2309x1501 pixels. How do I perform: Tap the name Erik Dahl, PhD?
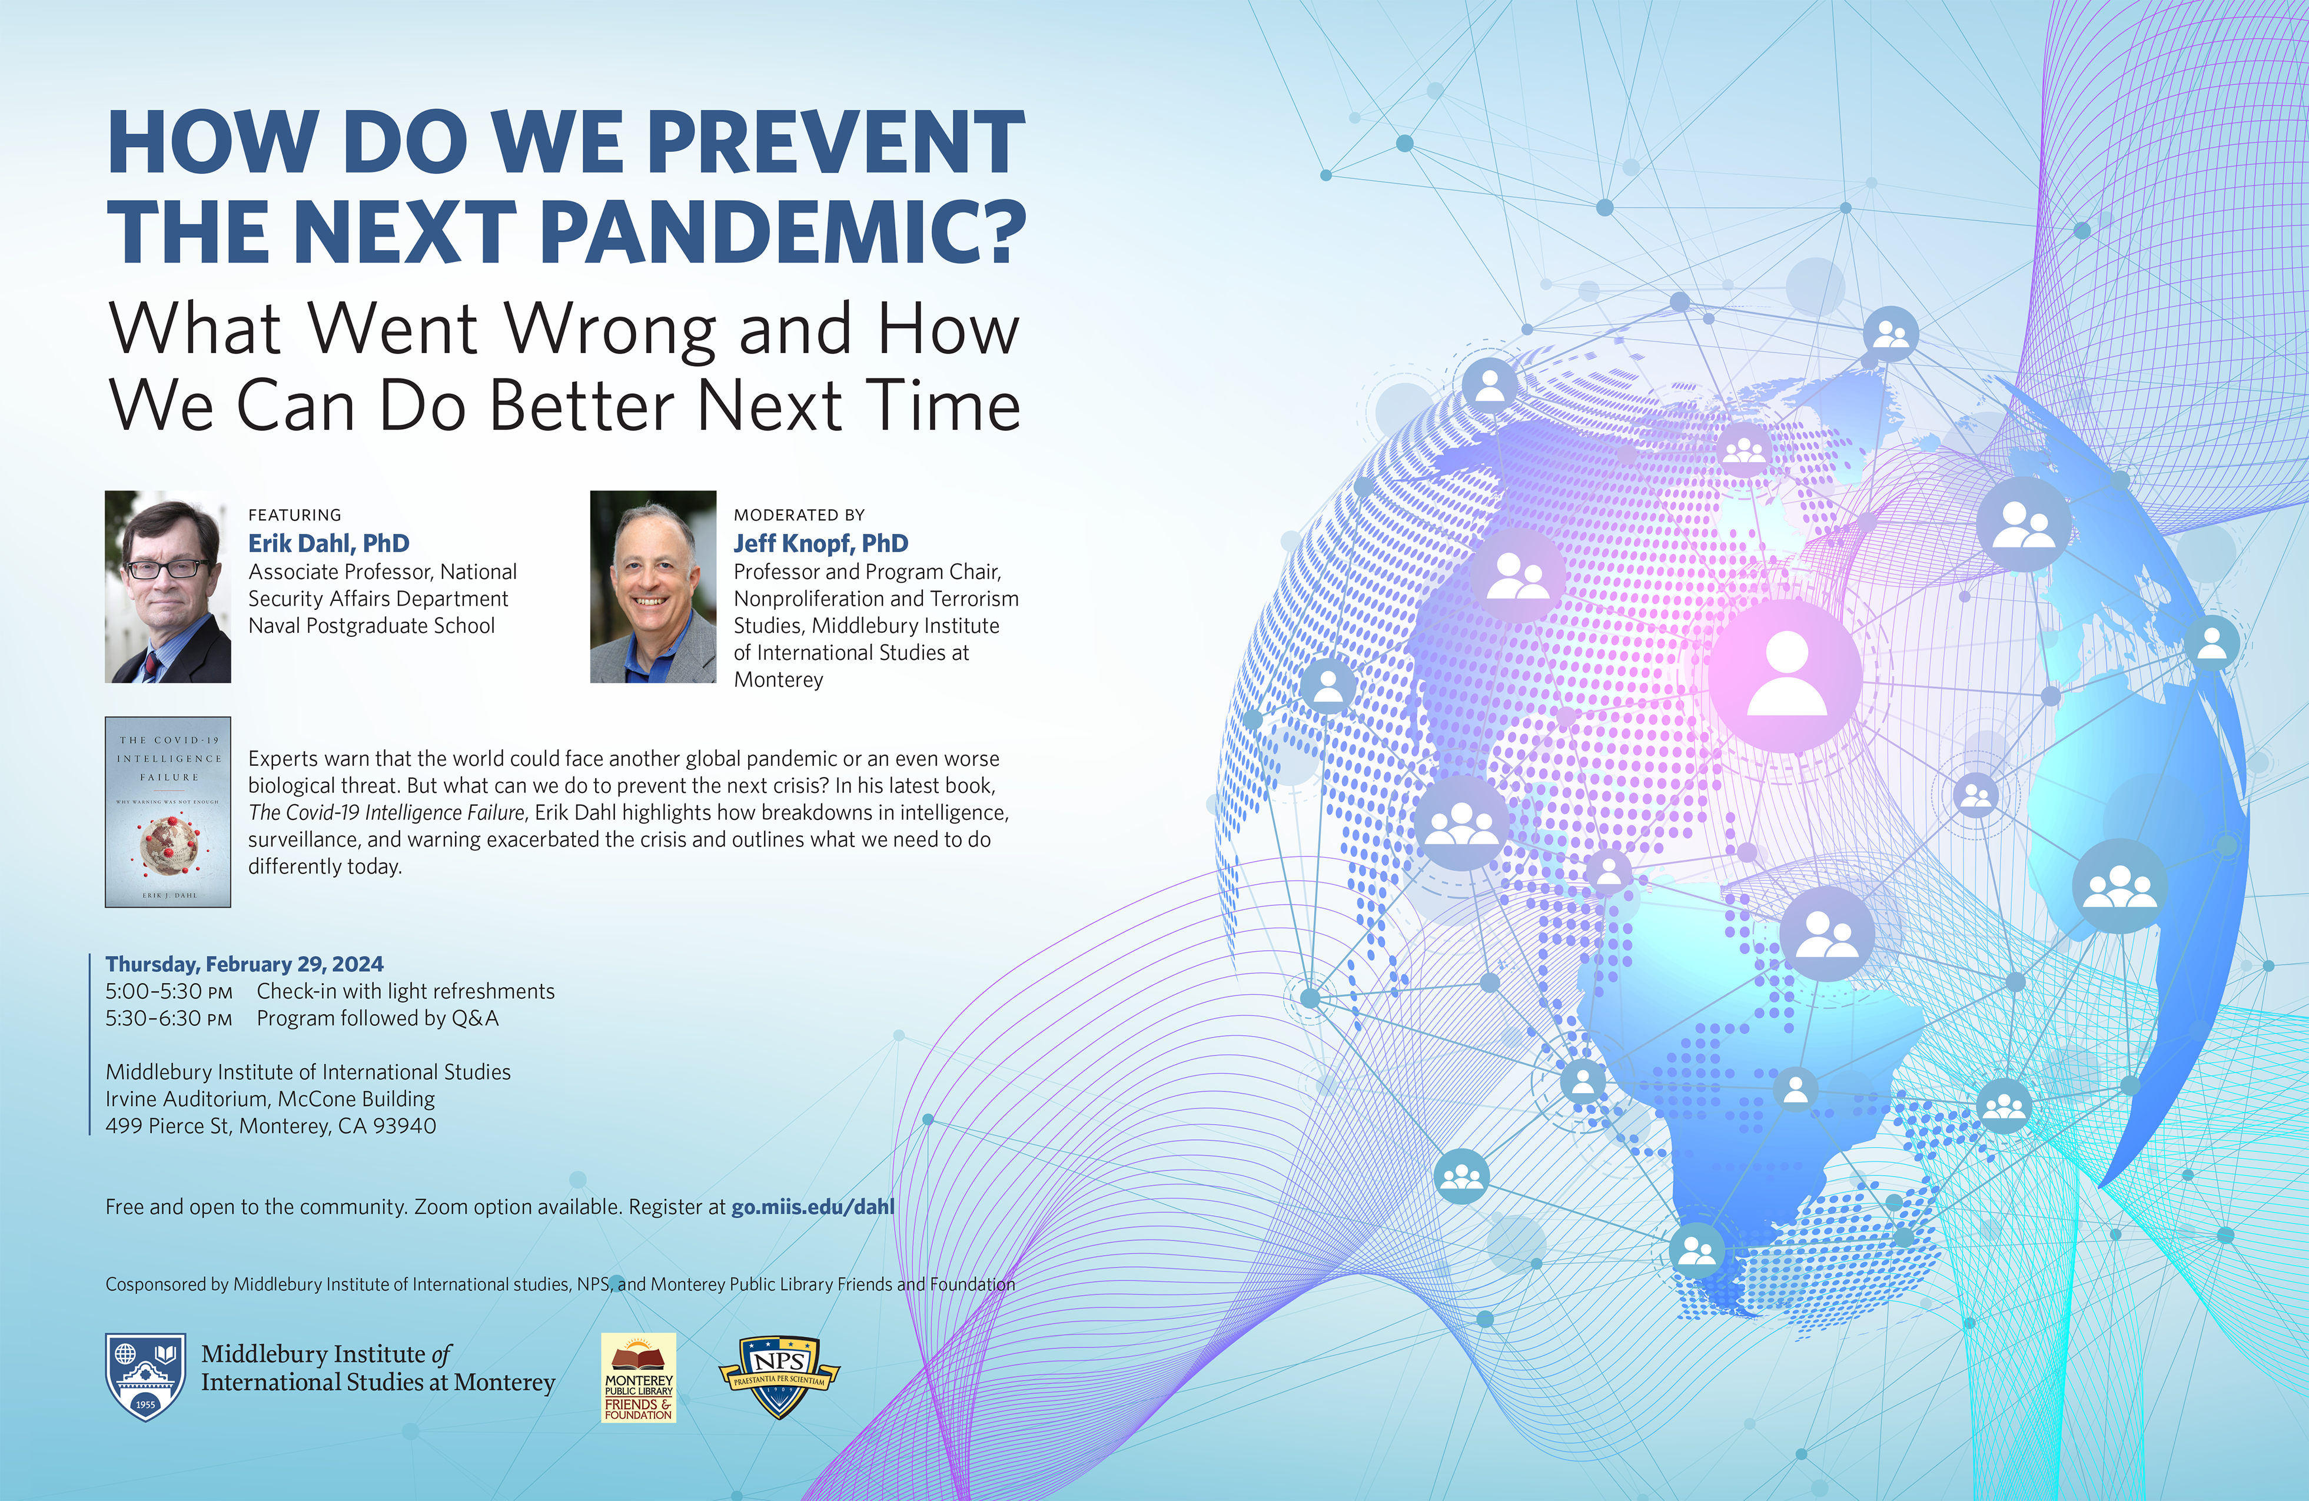pyautogui.click(x=329, y=543)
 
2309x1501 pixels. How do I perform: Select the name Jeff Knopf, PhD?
pyautogui.click(x=820, y=543)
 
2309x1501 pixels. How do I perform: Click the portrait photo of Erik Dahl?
pyautogui.click(x=168, y=586)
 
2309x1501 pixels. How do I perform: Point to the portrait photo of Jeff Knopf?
pyautogui.click(x=653, y=586)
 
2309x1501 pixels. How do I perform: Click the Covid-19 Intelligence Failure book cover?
pyautogui.click(x=168, y=812)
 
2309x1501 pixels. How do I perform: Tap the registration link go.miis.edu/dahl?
pyautogui.click(x=813, y=1207)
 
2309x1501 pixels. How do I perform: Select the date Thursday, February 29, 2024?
pyautogui.click(x=244, y=964)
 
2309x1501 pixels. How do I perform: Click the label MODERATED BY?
pyautogui.click(x=799, y=515)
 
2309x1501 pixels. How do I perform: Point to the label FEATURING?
pyautogui.click(x=295, y=515)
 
